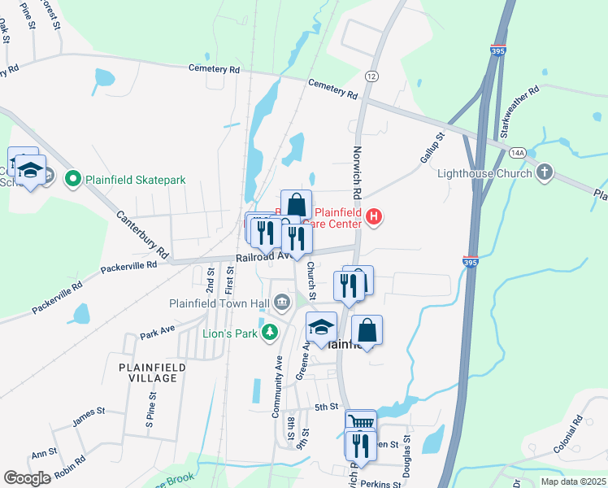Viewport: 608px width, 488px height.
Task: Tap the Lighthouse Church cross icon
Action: pos(545,172)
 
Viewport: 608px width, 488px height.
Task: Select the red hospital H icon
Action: pos(374,216)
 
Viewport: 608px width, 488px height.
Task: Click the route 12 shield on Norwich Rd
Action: pos(372,76)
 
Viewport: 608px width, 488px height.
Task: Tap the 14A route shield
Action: pos(518,152)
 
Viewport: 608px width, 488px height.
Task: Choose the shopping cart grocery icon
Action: pos(360,421)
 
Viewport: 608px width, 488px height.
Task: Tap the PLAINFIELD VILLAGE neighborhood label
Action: pos(152,373)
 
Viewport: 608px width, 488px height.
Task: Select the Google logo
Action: pos(27,478)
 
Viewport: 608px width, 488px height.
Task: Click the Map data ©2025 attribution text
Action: pos(571,481)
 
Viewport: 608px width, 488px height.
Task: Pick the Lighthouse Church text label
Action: pos(485,173)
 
